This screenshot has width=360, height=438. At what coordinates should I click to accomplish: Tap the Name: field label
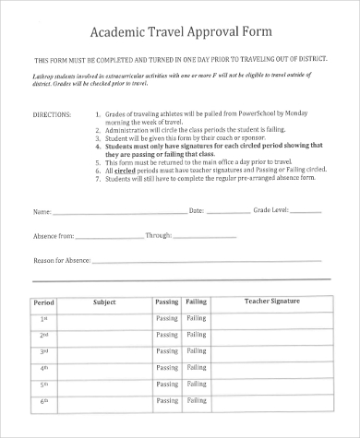(x=43, y=211)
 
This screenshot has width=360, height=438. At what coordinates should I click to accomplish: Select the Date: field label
(x=197, y=211)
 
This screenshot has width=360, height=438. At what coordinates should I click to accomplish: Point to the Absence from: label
(x=54, y=236)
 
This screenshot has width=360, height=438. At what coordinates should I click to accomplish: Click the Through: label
(x=159, y=236)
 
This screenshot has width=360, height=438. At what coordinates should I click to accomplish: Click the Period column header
(x=43, y=302)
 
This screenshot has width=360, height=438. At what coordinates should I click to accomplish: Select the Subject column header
(x=104, y=302)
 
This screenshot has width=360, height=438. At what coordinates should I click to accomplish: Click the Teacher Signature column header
(x=271, y=302)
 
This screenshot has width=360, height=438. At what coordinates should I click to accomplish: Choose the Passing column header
(x=166, y=302)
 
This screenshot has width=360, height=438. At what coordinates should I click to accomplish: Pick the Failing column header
(x=197, y=302)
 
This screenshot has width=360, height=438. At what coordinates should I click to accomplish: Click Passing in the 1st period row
(x=166, y=319)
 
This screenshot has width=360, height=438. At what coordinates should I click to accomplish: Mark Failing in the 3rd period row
(x=197, y=352)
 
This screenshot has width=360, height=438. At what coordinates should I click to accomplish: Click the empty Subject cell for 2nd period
(x=104, y=336)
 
